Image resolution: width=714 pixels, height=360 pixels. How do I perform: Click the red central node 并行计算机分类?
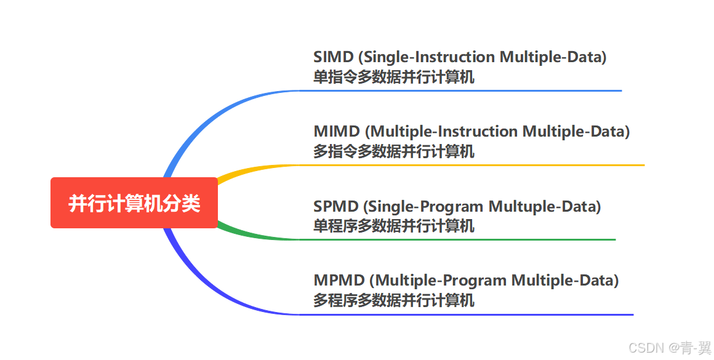pos(134,203)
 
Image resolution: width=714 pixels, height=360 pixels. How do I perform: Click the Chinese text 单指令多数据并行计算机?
pos(394,78)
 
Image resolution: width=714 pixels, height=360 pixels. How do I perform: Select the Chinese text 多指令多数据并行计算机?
pos(394,152)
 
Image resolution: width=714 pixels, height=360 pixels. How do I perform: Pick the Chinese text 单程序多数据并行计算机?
pos(394,226)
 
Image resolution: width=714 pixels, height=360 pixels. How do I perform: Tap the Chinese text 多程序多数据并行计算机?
pos(394,301)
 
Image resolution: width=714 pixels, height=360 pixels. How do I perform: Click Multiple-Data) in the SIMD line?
pos(553,57)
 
